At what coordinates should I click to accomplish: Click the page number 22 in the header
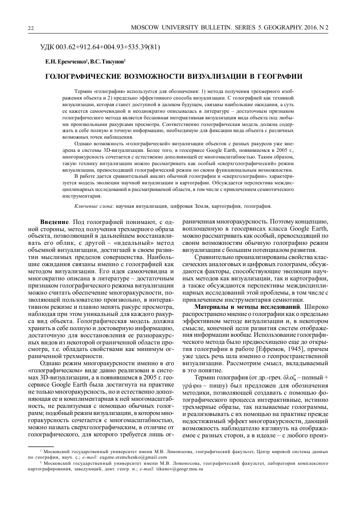tap(31, 27)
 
